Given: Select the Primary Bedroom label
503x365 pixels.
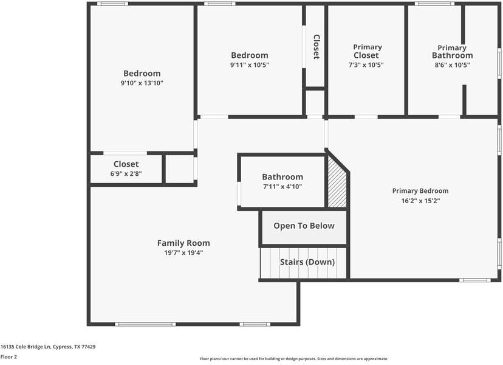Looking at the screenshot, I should pos(420,191).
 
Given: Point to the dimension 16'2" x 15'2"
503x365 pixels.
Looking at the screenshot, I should pos(420,200).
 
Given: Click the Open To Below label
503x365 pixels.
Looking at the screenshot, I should pos(304,226).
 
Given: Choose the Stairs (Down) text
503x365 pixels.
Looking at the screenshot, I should pos(307,262).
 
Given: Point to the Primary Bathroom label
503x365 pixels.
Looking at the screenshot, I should pos(452,52).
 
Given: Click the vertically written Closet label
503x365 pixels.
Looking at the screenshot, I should pos(316,46).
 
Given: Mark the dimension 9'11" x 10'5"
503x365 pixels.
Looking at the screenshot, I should pos(249,64).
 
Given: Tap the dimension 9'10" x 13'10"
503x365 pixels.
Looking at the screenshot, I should pos(142,83).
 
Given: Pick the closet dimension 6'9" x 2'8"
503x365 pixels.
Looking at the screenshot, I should pos(126,173).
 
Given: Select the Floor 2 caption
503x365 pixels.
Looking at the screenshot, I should pos(9,357).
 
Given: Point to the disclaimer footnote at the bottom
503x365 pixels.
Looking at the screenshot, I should pos(293,359).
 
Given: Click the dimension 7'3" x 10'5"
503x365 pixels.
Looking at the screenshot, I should pos(366,64).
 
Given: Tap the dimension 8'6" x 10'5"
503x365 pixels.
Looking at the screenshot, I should pos(452,64).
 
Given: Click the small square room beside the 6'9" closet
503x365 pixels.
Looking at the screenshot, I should pos(179,169).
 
